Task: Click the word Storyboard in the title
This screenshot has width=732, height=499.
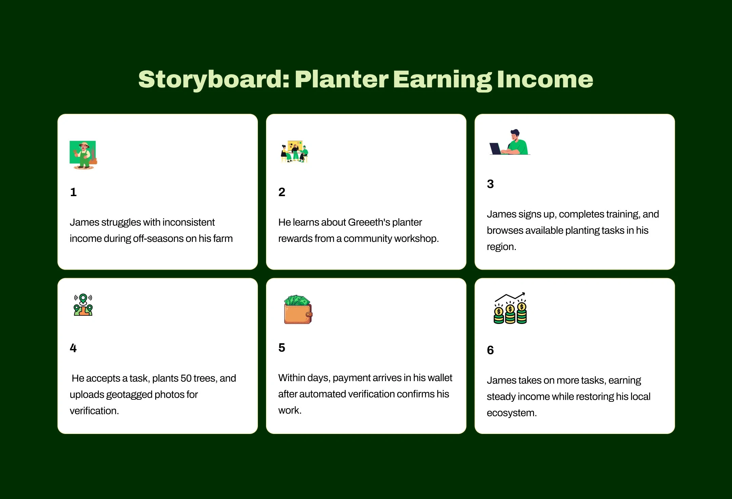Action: tap(214, 80)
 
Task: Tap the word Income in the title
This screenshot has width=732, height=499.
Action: tap(545, 79)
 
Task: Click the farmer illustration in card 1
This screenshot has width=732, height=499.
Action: tap(83, 155)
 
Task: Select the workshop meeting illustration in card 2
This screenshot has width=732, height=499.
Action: tap(294, 151)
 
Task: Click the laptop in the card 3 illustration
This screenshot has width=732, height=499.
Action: tap(495, 149)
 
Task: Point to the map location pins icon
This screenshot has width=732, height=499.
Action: tap(83, 305)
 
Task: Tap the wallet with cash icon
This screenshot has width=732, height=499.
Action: tap(298, 309)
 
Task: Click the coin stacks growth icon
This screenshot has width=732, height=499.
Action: tap(510, 308)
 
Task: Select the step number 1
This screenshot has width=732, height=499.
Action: tap(73, 192)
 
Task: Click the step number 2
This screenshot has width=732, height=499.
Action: tap(282, 192)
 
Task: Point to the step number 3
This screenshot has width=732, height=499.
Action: tap(490, 184)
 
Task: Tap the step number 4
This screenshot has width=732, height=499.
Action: tap(73, 348)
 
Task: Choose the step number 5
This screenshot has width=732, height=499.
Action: tap(282, 348)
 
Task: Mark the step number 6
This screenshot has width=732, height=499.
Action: tap(490, 350)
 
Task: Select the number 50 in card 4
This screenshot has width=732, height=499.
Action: tap(186, 378)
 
